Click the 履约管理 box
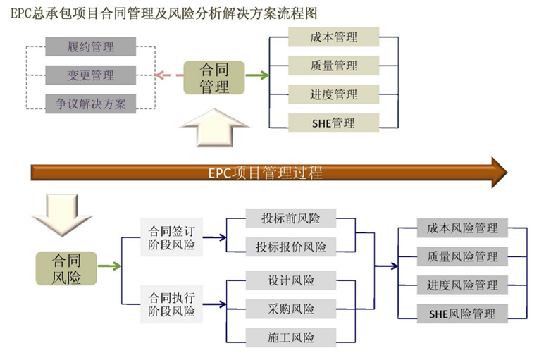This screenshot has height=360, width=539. pyautogui.click(x=90, y=48)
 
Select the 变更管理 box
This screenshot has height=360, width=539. pyautogui.click(x=90, y=75)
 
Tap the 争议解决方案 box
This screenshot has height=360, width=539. pyautogui.click(x=90, y=103)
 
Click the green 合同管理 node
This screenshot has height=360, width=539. pyautogui.click(x=214, y=78)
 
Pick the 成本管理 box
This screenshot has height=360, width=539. pyautogui.click(x=333, y=37)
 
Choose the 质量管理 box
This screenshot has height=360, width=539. pyautogui.click(x=333, y=66)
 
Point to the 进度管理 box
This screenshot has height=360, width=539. pyautogui.click(x=333, y=94)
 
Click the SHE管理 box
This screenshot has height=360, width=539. pyautogui.click(x=333, y=123)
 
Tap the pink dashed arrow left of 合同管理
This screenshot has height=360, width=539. pyautogui.click(x=168, y=75)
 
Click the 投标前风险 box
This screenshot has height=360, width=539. pyautogui.click(x=291, y=218)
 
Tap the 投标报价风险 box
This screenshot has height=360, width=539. pyautogui.click(x=291, y=247)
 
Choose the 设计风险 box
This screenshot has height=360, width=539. pyautogui.click(x=291, y=280)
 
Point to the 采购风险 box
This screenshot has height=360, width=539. pyautogui.click(x=291, y=309)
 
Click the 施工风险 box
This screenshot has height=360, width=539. pyautogui.click(x=291, y=337)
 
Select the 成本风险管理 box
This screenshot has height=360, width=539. pyautogui.click(x=462, y=228)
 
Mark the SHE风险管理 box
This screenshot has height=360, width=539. pyautogui.click(x=462, y=314)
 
